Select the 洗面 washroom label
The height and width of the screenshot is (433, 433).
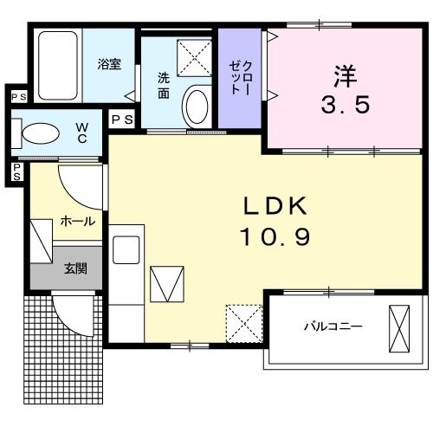(164, 84)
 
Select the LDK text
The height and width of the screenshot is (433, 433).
(275, 205)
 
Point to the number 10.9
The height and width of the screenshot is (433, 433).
(275, 236)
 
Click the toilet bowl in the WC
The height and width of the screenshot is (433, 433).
(40, 132)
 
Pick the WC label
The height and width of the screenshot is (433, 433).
(81, 132)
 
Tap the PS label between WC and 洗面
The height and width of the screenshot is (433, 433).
(121, 120)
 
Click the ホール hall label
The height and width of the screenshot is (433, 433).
(78, 222)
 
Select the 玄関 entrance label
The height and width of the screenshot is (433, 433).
(74, 269)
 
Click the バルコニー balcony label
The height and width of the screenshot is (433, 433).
(333, 326)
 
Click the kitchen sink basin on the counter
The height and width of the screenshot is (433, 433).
(126, 249)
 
